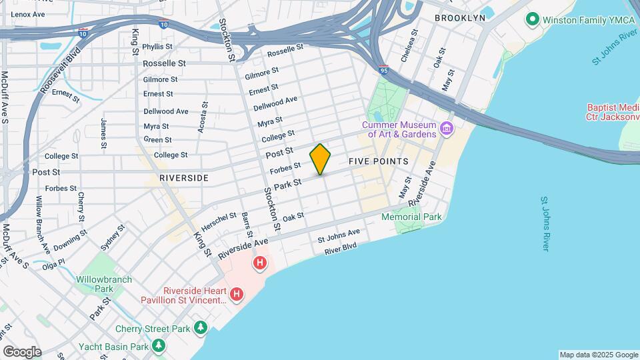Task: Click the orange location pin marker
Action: coord(320,159)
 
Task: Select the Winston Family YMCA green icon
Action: coord(532,19)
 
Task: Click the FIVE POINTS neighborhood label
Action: coord(378,162)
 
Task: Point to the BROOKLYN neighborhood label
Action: coord(459,18)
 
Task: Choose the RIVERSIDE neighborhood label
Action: coord(184,178)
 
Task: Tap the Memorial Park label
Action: coord(411,217)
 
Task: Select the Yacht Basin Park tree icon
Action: coord(158,346)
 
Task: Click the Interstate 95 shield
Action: coord(383,69)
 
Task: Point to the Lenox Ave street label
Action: coord(28,14)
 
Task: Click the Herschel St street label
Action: coord(219,221)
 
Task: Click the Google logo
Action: coord(22,351)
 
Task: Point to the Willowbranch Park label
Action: coord(103,284)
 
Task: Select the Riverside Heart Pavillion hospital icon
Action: coord(236,294)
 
